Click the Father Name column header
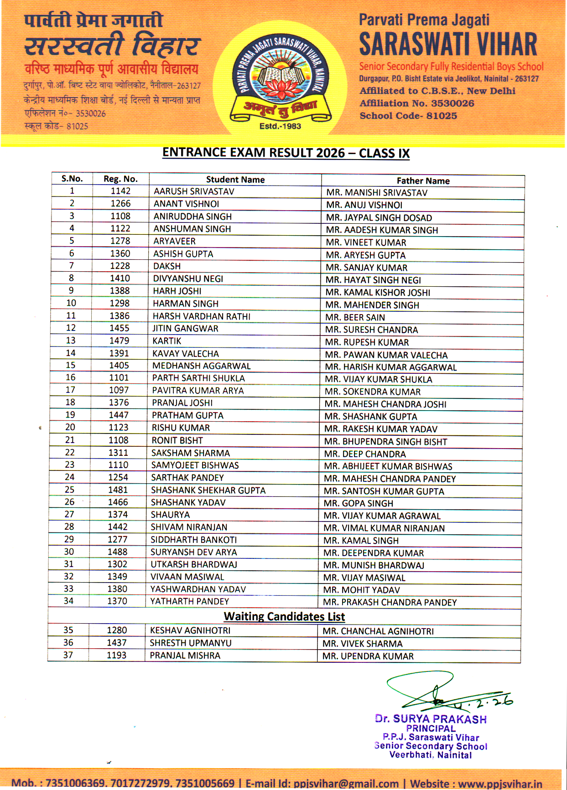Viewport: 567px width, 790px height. click(423, 181)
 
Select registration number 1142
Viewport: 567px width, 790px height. click(120, 191)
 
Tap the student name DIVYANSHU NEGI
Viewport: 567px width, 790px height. click(188, 279)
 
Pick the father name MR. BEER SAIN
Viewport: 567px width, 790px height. click(355, 317)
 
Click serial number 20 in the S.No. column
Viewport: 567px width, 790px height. click(70, 427)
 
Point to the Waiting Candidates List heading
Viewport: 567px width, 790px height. click(284, 617)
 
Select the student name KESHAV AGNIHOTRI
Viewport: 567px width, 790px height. click(190, 630)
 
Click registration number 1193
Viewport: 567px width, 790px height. click(116, 655)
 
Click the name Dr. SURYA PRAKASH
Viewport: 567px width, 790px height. click(431, 719)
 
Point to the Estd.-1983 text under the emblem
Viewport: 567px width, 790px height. click(280, 126)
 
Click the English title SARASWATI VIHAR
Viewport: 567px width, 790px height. click(448, 44)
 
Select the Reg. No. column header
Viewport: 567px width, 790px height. click(120, 179)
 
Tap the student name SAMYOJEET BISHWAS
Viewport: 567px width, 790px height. click(195, 465)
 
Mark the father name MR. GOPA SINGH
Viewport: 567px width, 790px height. click(358, 503)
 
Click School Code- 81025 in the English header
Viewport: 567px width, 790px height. click(408, 116)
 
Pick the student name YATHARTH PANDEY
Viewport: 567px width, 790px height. click(189, 601)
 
